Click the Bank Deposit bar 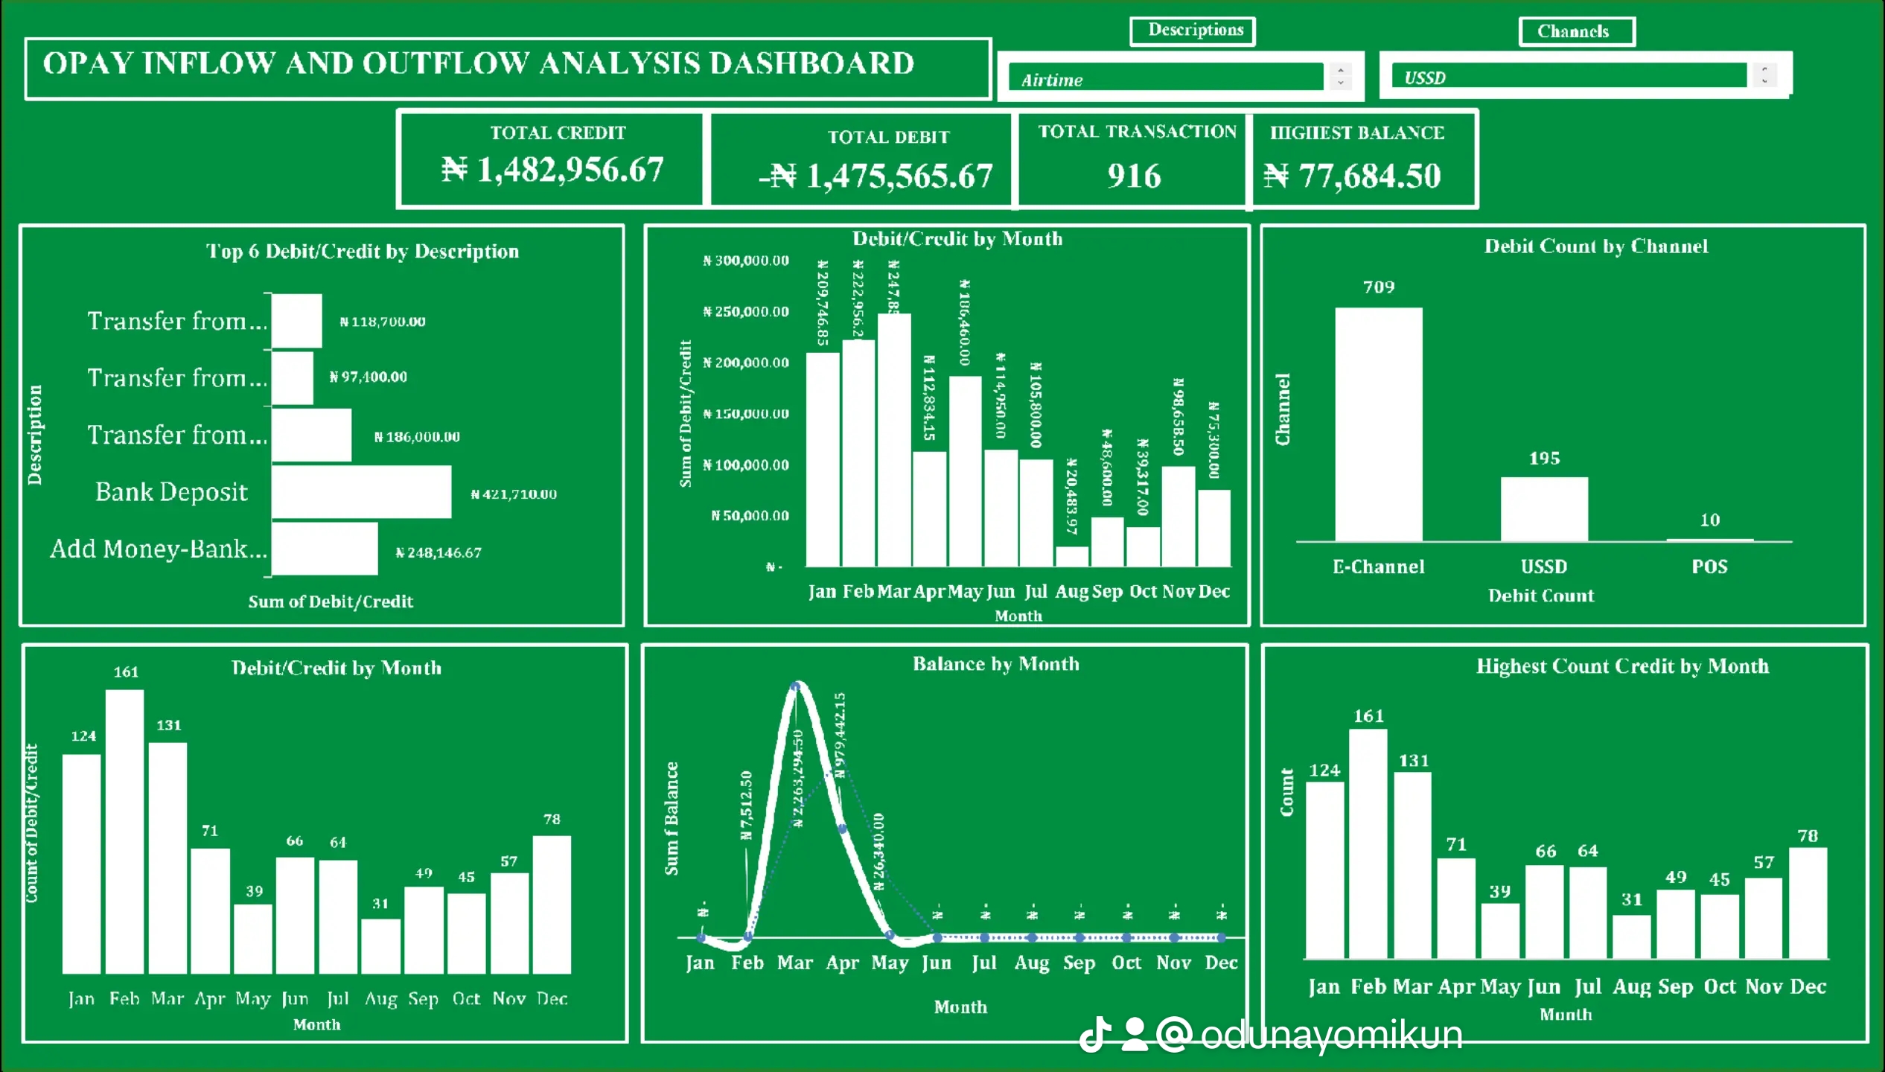coord(361,491)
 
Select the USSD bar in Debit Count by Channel coord(1543,509)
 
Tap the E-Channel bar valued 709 coord(1378,424)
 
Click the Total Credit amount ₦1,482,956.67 coord(552,170)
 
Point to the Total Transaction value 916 coord(1133,176)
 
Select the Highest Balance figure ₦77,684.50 coord(1353,176)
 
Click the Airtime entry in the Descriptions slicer coord(1165,78)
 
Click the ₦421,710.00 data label coord(514,494)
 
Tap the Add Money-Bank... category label coord(158,549)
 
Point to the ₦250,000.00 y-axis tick coord(746,311)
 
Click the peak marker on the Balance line coord(795,686)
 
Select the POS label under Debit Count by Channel coord(1709,567)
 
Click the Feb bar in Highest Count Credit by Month coord(1368,843)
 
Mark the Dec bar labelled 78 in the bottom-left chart coord(552,904)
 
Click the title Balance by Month coord(995,664)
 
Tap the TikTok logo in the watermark coord(1096,1034)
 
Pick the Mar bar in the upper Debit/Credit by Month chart coord(893,439)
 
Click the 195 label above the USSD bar coord(1544,459)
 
